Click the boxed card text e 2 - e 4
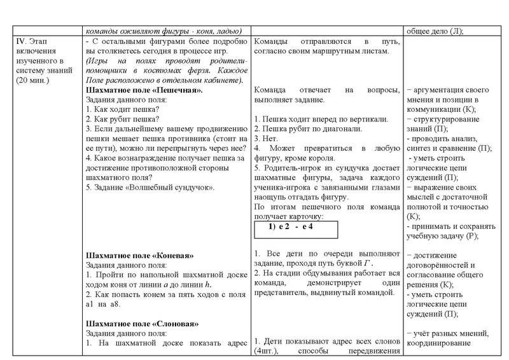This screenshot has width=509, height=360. (295, 227)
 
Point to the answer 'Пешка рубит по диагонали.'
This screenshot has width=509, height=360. (307, 129)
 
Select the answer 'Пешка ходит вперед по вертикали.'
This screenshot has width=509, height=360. (317, 119)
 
